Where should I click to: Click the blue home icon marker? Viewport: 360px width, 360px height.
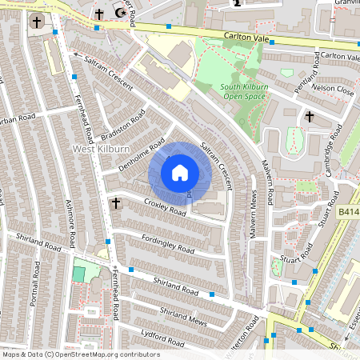click(x=180, y=173)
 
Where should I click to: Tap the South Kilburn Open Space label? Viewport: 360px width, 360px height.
click(x=232, y=91)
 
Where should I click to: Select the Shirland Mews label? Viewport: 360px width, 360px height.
click(x=183, y=315)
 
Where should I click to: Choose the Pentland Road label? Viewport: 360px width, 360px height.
click(x=306, y=71)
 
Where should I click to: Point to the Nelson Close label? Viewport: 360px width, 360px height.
click(x=334, y=91)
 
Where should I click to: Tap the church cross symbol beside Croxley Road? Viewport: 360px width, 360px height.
click(x=115, y=203)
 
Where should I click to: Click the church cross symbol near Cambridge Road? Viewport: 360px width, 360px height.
click(x=310, y=117)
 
